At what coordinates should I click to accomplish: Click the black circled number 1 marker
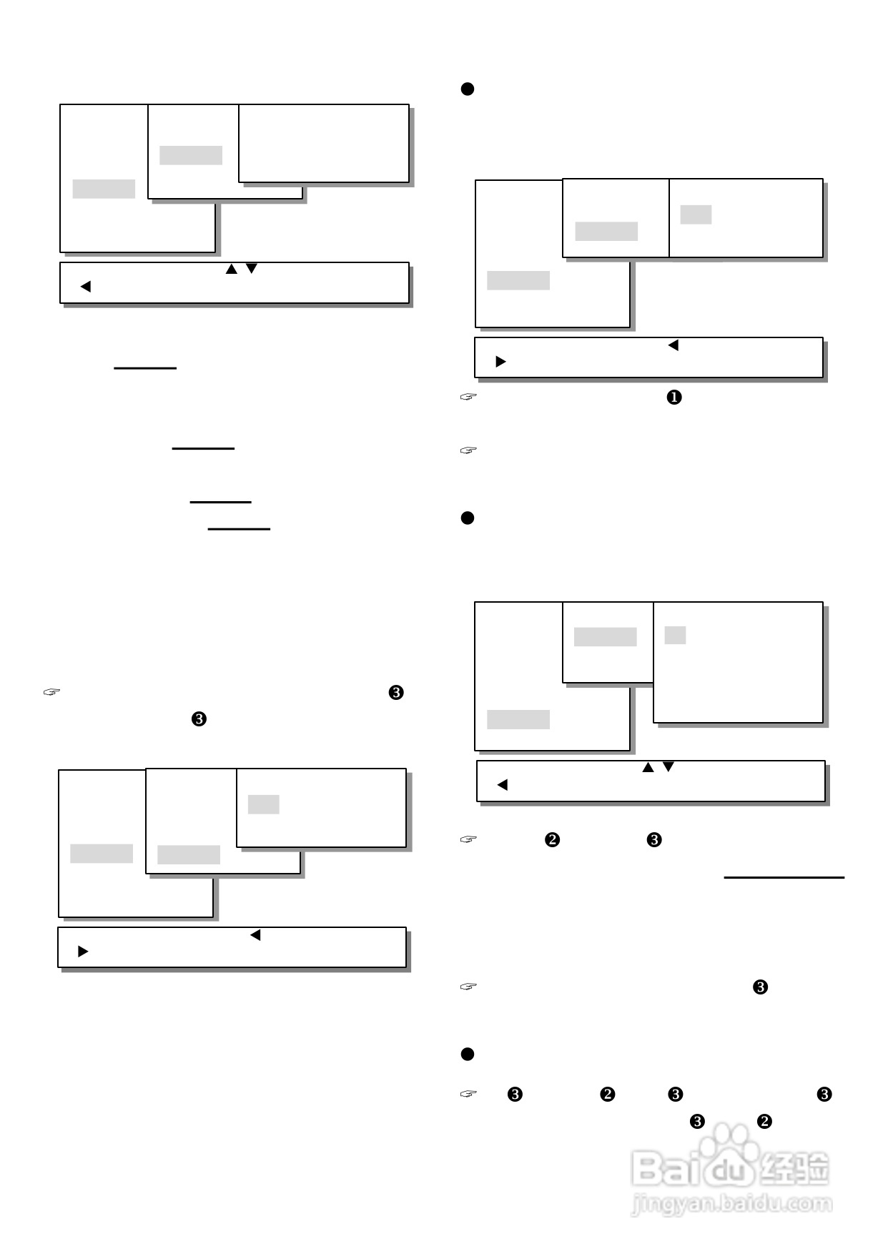(x=674, y=398)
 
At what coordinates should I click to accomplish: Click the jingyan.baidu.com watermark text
(x=731, y=1204)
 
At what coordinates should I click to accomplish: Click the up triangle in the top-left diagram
(x=231, y=270)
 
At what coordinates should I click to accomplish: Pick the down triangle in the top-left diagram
(x=251, y=269)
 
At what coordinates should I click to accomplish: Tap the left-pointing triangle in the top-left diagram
(x=86, y=287)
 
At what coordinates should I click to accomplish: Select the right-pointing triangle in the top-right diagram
(x=500, y=362)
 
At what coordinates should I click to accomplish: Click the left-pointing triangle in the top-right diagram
(x=673, y=345)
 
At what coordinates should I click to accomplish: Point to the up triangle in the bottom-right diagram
(x=648, y=768)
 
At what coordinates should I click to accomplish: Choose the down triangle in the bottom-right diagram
(x=669, y=767)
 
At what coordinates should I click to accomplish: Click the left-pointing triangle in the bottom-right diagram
(x=502, y=785)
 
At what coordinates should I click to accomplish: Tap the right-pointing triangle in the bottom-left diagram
(x=83, y=952)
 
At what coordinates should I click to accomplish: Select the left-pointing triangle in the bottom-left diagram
(x=255, y=935)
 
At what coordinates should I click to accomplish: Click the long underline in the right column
(x=784, y=877)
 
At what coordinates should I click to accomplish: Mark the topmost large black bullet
(x=468, y=89)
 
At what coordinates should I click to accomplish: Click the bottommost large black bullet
(x=468, y=1054)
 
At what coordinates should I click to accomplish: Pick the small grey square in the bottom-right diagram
(x=675, y=635)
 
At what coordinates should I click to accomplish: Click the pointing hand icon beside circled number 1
(x=468, y=396)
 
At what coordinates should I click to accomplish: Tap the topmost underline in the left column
(x=145, y=368)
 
